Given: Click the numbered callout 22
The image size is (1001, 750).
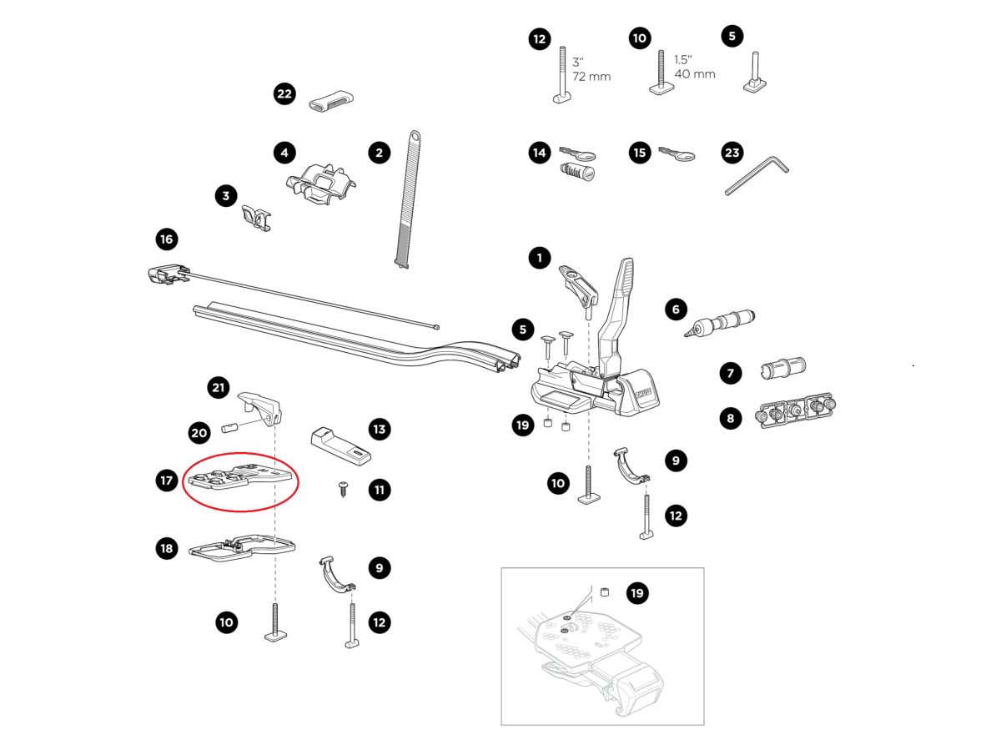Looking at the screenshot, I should click(x=284, y=93).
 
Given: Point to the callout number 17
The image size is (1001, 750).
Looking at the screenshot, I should click(x=166, y=481).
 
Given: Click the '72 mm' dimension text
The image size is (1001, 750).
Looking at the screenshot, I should click(x=591, y=77).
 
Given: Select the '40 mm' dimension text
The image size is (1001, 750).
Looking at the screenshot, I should click(x=694, y=74).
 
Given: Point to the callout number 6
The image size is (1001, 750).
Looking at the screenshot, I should click(x=676, y=310).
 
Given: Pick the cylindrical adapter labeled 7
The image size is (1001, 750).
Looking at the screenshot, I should click(x=782, y=368).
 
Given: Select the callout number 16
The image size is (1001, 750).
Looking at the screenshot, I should click(x=166, y=239).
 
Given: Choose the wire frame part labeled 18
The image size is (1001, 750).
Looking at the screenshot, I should click(x=242, y=547).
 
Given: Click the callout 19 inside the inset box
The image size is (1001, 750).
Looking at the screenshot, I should click(x=637, y=593).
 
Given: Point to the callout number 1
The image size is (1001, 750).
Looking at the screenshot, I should click(x=540, y=258).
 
